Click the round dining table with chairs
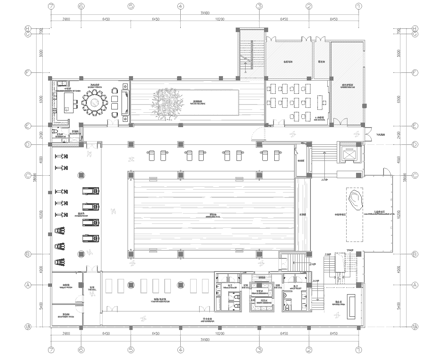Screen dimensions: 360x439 [x=94, y=101]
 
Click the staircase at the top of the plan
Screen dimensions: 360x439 [x=249, y=51]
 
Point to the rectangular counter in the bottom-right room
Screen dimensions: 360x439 [x=343, y=309]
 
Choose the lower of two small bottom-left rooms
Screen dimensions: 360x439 [x=67, y=317]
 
